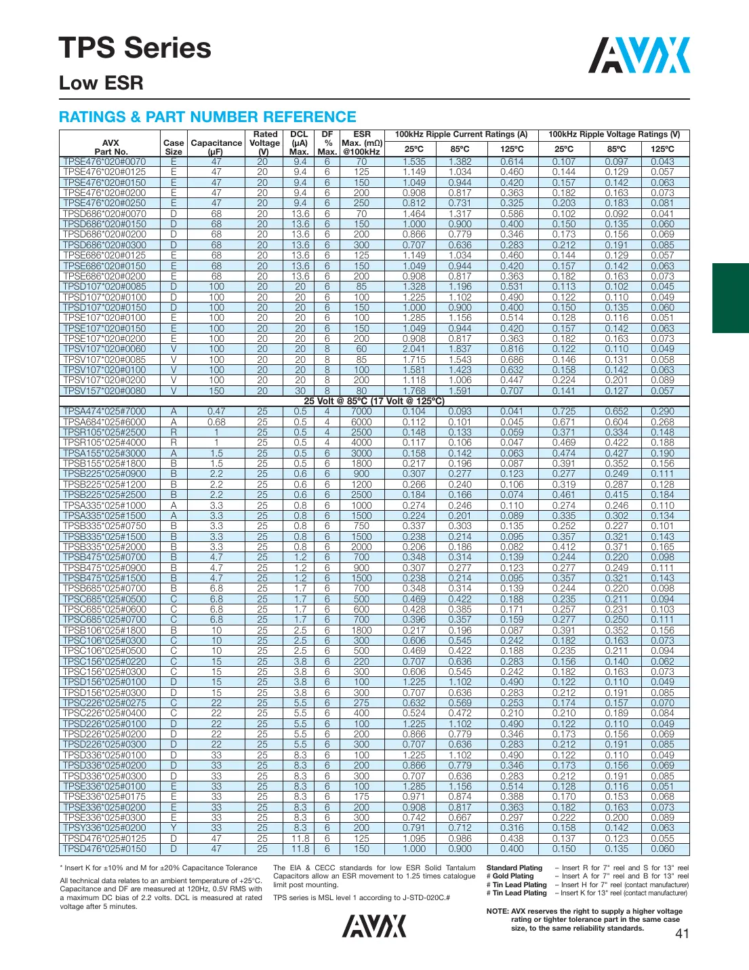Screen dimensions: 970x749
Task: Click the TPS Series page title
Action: click(x=135, y=48)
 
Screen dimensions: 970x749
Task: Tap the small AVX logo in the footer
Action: click(x=373, y=926)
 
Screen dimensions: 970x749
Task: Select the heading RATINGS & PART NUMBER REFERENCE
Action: click(x=207, y=117)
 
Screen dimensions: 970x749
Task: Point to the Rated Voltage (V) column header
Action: click(x=264, y=142)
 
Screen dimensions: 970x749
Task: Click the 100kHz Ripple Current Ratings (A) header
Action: click(x=461, y=134)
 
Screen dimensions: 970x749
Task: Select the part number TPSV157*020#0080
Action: click(x=104, y=391)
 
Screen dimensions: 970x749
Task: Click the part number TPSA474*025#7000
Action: click(x=104, y=412)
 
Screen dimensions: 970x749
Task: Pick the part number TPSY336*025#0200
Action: click(x=104, y=828)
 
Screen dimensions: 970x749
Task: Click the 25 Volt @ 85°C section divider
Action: click(x=374, y=401)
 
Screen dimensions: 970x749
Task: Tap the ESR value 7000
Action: click(x=361, y=412)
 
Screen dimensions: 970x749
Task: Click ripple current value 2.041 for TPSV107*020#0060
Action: click(x=414, y=349)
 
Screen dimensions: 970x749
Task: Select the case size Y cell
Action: click(x=174, y=828)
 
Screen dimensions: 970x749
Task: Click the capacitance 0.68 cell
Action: click(x=216, y=422)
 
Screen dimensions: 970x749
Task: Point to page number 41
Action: click(x=682, y=933)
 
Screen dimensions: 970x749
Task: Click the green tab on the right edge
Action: click(x=730, y=298)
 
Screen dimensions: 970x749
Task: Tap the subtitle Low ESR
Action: click(x=101, y=83)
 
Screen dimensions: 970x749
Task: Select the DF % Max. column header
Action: click(x=327, y=142)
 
